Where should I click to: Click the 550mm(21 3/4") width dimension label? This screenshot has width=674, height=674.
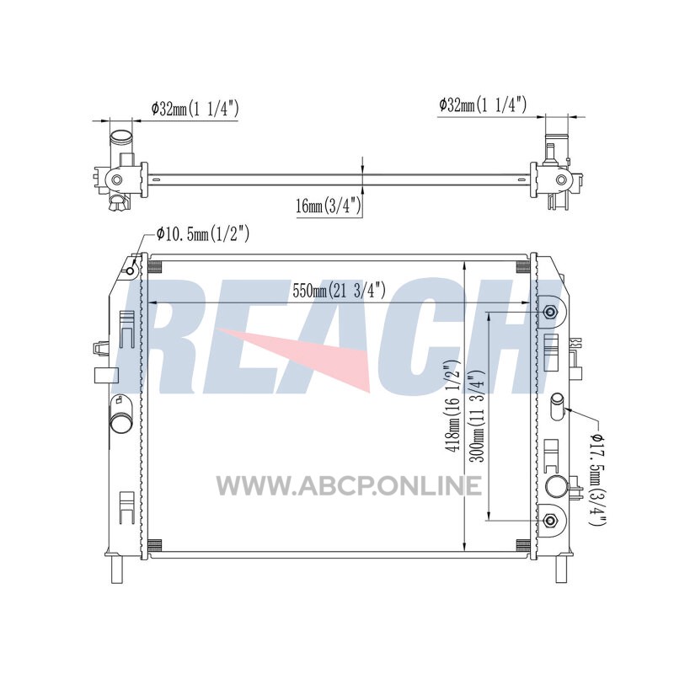pos(339,292)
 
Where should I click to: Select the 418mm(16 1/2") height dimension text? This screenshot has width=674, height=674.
pos(452,406)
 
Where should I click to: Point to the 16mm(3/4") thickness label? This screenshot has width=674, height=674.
pos(329,206)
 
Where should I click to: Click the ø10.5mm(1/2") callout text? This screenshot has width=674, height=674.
pos(202,234)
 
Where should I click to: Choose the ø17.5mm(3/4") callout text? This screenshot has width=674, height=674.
pos(597,479)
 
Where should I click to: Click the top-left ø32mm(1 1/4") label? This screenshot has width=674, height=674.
pos(195,109)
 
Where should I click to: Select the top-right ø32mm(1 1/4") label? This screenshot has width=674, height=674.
pos(482,104)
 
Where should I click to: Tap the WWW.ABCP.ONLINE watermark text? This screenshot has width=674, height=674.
pos(349,486)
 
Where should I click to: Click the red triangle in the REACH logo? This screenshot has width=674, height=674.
pos(309,356)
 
